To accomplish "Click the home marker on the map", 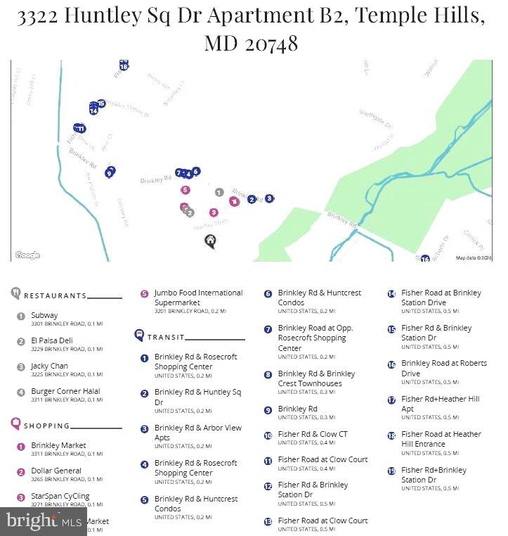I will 209,241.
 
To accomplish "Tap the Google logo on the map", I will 27,255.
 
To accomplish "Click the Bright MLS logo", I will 44,521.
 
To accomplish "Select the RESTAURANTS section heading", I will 55,296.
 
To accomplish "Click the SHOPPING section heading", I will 46,426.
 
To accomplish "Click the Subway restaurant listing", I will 44,316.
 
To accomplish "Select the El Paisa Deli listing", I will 51,341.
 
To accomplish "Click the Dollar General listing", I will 56,471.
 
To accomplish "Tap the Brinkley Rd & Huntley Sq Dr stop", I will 197,397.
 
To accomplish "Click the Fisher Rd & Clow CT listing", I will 312,435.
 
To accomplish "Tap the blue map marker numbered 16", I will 425,260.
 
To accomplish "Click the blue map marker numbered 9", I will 110,173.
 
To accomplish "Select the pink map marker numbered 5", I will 185,190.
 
